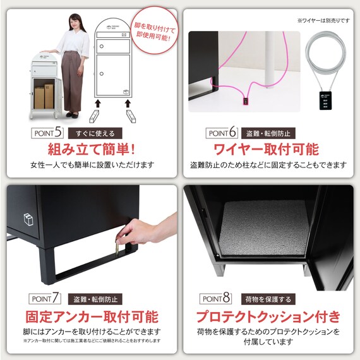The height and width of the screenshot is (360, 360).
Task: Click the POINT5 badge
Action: pos(47,133)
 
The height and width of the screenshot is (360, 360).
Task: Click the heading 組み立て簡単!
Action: pos(92,150)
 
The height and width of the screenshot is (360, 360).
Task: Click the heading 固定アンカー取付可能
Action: pos(91,316)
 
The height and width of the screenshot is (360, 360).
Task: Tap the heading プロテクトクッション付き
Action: pos(268,316)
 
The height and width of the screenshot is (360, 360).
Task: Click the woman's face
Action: pos(73,20)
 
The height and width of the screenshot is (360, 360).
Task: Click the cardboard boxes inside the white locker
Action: pos(44,95)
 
